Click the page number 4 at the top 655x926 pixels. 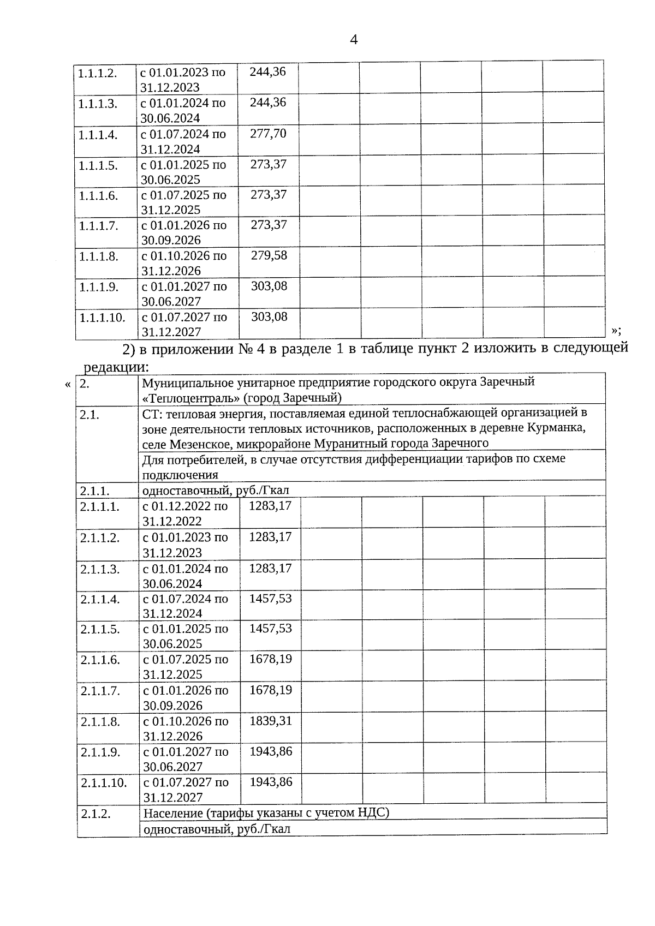(x=354, y=40)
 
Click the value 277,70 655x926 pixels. (x=268, y=134)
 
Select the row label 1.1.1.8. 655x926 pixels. (x=99, y=256)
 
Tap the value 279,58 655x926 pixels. (x=269, y=255)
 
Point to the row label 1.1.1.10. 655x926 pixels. (x=103, y=318)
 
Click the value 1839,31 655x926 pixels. (x=271, y=721)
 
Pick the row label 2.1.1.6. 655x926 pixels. (x=100, y=660)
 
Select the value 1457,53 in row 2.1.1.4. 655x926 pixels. (x=271, y=599)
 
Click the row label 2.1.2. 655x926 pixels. (x=96, y=814)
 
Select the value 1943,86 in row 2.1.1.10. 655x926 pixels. (x=271, y=782)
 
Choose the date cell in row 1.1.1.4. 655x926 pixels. (x=183, y=141)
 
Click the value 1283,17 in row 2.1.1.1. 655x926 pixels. (x=270, y=506)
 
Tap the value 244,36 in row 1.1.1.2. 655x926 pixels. (x=267, y=72)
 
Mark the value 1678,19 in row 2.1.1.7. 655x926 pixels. (x=271, y=690)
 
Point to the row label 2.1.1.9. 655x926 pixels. (x=100, y=752)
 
